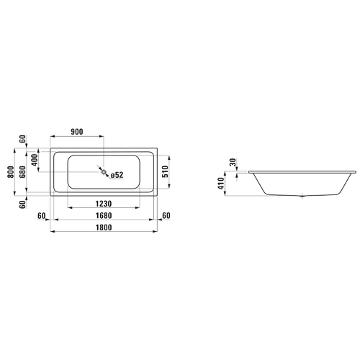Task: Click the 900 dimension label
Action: pos(77,132)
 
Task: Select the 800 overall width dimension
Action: pos(11,172)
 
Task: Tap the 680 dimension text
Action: pos(22,172)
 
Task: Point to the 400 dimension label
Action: pos(35,160)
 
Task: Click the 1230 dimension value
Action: pos(104,204)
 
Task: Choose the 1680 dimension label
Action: pos(104,215)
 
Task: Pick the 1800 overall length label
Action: pos(104,228)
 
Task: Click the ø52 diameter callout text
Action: pos(117,175)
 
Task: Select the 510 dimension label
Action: pos(166,172)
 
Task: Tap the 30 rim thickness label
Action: pos(233,162)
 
